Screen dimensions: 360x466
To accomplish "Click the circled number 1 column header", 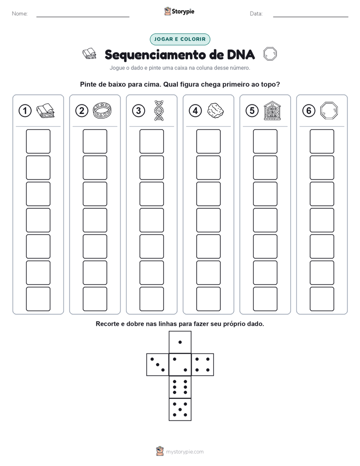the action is (25, 111).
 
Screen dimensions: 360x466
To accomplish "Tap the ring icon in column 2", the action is (102, 110).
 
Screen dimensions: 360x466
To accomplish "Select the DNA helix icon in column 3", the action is (159, 110).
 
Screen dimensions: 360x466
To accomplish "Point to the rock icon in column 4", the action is (215, 110).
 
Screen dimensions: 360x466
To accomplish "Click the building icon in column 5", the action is (272, 110).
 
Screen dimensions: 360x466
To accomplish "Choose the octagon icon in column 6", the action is (329, 110).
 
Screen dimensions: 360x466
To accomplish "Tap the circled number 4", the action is (195, 111).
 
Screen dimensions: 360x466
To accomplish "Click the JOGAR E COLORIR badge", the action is (180, 39).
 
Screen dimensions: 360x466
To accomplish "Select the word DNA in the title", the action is (241, 54).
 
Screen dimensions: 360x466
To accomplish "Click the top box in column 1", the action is (38, 141).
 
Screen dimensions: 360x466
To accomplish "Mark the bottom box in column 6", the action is (322, 299).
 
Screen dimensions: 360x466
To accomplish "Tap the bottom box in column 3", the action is (152, 299).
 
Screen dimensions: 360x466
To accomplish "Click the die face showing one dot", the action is (180, 342).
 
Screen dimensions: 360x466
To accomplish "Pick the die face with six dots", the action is (180, 387).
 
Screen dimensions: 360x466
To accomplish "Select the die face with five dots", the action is (180, 410).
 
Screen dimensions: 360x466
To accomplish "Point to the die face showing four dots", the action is (203, 364).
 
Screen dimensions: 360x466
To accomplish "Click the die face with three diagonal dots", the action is (157, 364).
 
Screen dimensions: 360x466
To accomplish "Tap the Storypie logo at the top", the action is (179, 11).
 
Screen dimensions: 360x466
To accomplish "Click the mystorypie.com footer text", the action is (185, 452).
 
